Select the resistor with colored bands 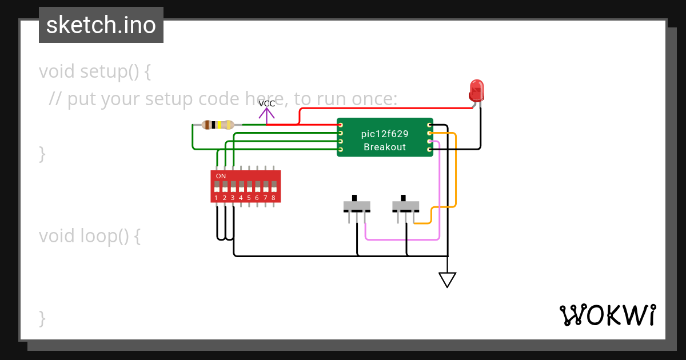[x=218, y=125]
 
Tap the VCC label [x=266, y=104]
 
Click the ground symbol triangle [x=447, y=279]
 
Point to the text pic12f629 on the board [x=385, y=134]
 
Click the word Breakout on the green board [x=385, y=147]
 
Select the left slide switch [x=357, y=206]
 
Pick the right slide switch [x=406, y=206]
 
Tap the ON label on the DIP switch [x=221, y=176]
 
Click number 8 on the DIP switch [x=273, y=198]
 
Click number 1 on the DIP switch [x=216, y=198]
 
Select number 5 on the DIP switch [x=249, y=198]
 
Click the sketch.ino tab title [x=101, y=25]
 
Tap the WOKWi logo [x=607, y=315]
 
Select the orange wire [x=456, y=171]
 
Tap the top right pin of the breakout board [x=430, y=125]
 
